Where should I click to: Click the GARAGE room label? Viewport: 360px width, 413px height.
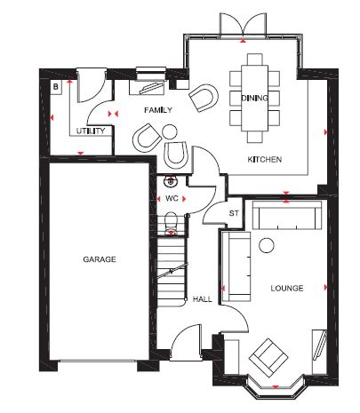pyautogui.click(x=100, y=259)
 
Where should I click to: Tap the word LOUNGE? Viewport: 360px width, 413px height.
pyautogui.click(x=287, y=288)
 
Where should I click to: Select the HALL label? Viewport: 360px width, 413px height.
pyautogui.click(x=203, y=299)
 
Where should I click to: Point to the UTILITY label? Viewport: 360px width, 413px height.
pyautogui.click(x=91, y=131)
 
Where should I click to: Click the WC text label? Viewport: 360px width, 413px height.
pyautogui.click(x=172, y=198)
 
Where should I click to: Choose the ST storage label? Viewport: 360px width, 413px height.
pyautogui.click(x=234, y=213)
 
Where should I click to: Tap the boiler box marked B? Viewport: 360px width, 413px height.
pyautogui.click(x=56, y=87)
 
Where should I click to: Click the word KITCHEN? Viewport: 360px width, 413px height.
pyautogui.click(x=265, y=160)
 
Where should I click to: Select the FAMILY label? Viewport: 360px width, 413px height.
pyautogui.click(x=158, y=110)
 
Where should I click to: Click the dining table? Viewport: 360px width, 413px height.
pyautogui.click(x=255, y=98)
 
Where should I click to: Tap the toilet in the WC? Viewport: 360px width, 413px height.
pyautogui.click(x=171, y=224)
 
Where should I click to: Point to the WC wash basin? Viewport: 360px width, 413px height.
pyautogui.click(x=171, y=181)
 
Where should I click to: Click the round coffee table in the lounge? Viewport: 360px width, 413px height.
pyautogui.click(x=267, y=245)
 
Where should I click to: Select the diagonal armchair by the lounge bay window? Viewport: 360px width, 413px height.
pyautogui.click(x=268, y=358)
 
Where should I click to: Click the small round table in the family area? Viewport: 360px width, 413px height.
pyautogui.click(x=170, y=131)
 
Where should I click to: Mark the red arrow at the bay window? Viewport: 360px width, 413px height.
pyautogui.click(x=276, y=387)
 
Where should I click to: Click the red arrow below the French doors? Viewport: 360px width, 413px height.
pyautogui.click(x=244, y=41)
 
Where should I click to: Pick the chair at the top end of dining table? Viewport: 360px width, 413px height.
pyautogui.click(x=255, y=60)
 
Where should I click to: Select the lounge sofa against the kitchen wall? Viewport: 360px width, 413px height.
pyautogui.click(x=287, y=215)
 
